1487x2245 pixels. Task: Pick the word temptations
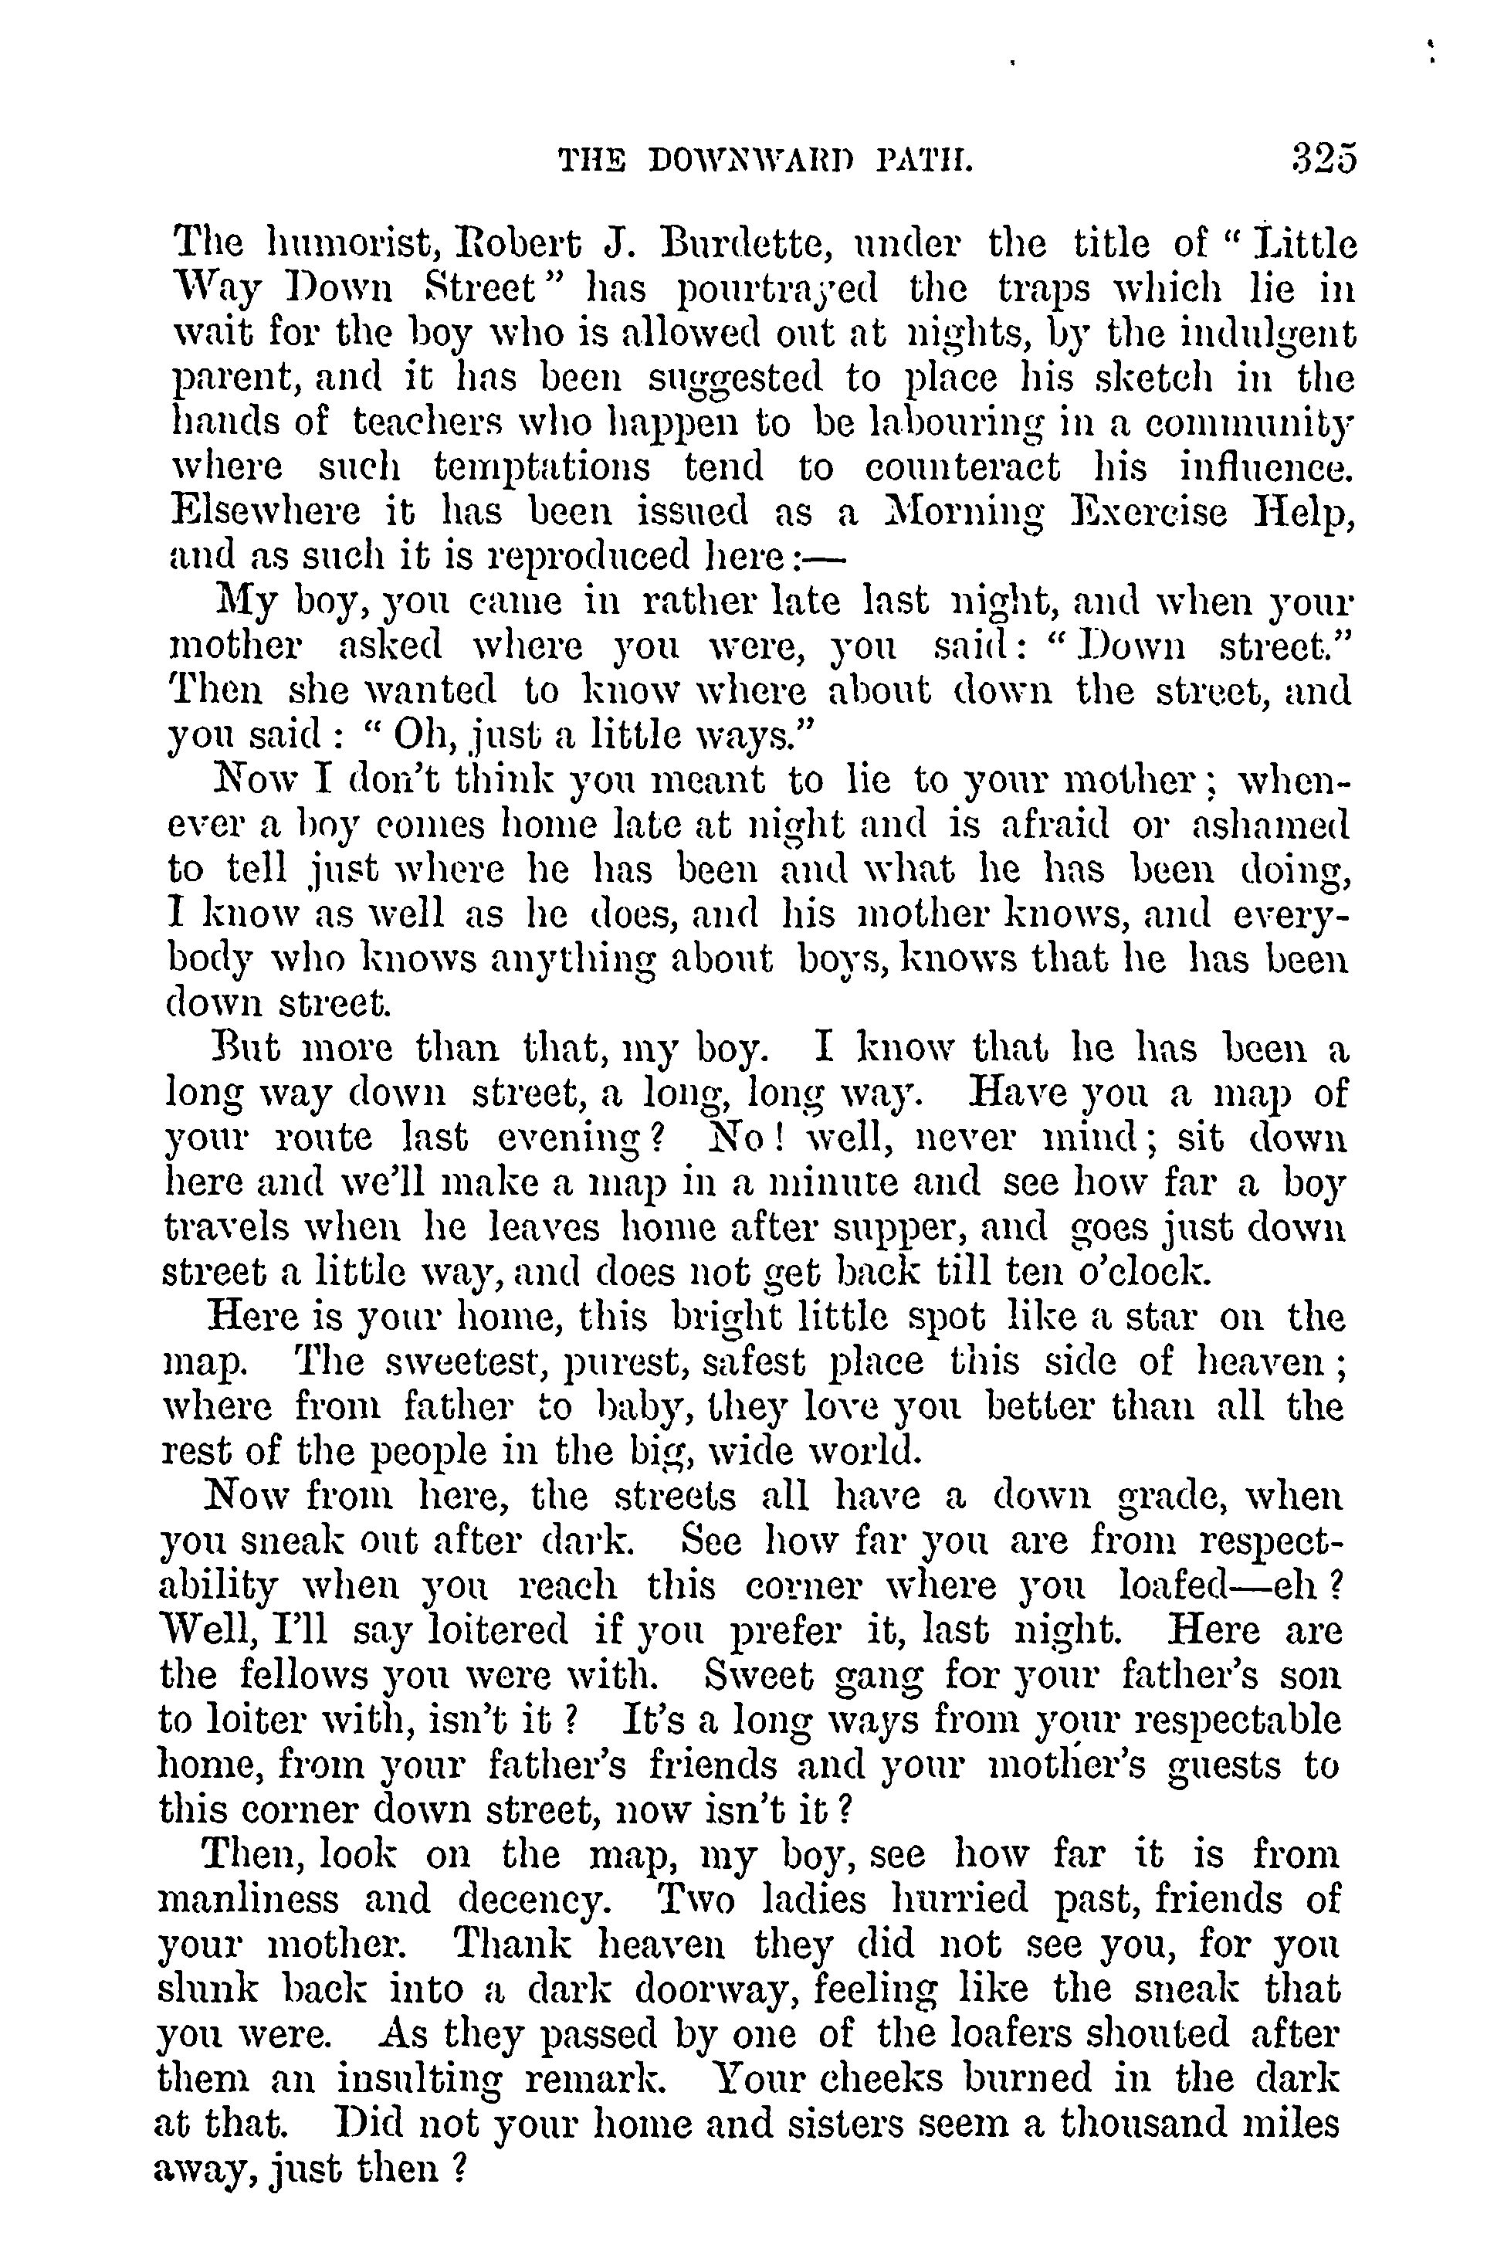[541, 466]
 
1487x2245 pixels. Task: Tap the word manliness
[249, 1899]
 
